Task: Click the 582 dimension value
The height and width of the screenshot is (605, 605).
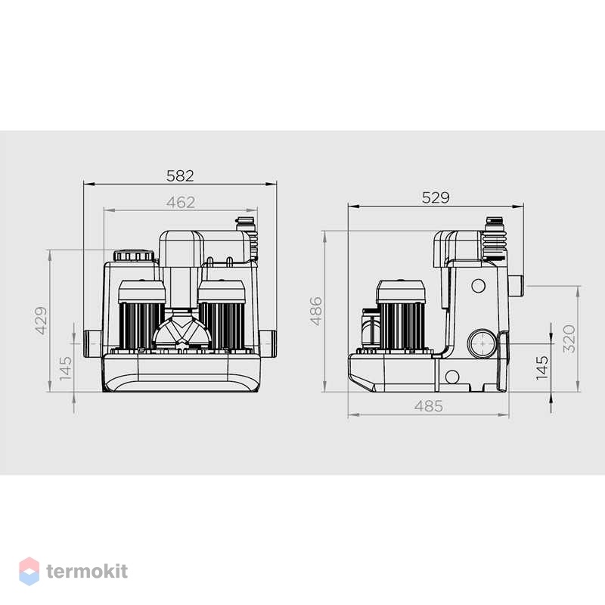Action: pyautogui.click(x=180, y=176)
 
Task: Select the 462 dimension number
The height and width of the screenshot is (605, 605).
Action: pyautogui.click(x=181, y=202)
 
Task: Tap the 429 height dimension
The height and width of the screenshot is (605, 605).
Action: pyautogui.click(x=42, y=320)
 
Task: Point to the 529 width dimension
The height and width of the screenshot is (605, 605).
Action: pyautogui.click(x=436, y=197)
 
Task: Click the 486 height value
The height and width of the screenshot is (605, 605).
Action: pyautogui.click(x=316, y=311)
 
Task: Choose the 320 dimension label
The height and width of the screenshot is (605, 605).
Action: pyautogui.click(x=569, y=339)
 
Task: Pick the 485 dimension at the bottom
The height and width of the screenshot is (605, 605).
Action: pyautogui.click(x=429, y=406)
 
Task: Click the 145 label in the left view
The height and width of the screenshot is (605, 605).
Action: pyautogui.click(x=66, y=368)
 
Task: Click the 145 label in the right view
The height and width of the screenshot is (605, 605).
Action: pyautogui.click(x=542, y=368)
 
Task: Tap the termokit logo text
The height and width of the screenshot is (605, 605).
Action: pyautogui.click(x=87, y=571)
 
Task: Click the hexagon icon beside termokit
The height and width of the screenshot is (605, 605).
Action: pyautogui.click(x=29, y=571)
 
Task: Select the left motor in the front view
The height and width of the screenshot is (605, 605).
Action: pyautogui.click(x=141, y=315)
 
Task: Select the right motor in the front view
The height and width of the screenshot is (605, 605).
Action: pyautogui.click(x=222, y=315)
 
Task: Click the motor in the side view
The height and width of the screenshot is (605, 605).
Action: pyautogui.click(x=401, y=315)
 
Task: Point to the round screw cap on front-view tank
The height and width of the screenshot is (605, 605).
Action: pyautogui.click(x=134, y=256)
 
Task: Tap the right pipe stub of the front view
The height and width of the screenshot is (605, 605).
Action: pyautogui.click(x=268, y=343)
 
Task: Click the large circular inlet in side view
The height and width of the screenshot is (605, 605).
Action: pyautogui.click(x=482, y=343)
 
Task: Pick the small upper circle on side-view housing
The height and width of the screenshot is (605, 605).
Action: pyautogui.click(x=479, y=286)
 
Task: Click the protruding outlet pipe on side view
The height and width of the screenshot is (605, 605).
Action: pyautogui.click(x=515, y=285)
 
